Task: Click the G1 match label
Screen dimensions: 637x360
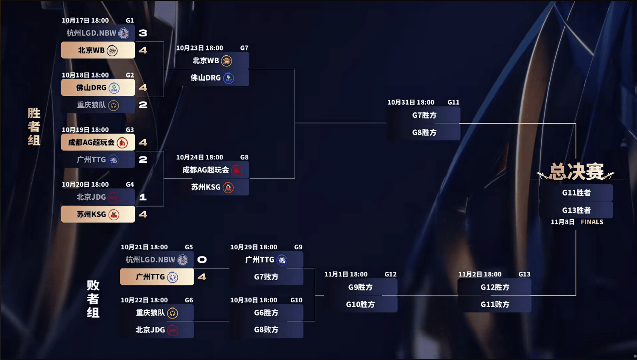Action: (130, 20)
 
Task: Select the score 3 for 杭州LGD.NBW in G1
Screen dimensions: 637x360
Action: (143, 33)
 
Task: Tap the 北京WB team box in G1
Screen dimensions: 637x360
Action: (98, 50)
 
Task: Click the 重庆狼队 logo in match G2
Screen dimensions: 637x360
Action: (114, 105)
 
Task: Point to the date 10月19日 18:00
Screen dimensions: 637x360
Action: (85, 130)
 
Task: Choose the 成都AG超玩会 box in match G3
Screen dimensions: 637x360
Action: (98, 142)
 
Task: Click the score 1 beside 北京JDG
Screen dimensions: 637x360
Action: (143, 197)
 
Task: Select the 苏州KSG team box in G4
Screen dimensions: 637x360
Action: (98, 214)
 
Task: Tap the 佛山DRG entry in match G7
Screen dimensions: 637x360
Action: (212, 78)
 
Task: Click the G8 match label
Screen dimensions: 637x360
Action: (244, 157)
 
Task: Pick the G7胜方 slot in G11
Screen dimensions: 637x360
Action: (424, 115)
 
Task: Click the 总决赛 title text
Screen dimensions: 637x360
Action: (576, 172)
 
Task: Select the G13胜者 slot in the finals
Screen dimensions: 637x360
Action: (576, 210)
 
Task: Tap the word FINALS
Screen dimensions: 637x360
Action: (592, 222)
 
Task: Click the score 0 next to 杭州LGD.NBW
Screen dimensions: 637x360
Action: (202, 260)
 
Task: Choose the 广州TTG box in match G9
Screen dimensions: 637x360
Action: (266, 260)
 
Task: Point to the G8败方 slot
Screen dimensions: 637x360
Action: (266, 329)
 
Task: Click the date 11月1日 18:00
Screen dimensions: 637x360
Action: (346, 274)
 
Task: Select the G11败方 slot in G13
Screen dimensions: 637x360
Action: (495, 304)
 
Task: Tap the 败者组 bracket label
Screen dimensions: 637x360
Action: (93, 299)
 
